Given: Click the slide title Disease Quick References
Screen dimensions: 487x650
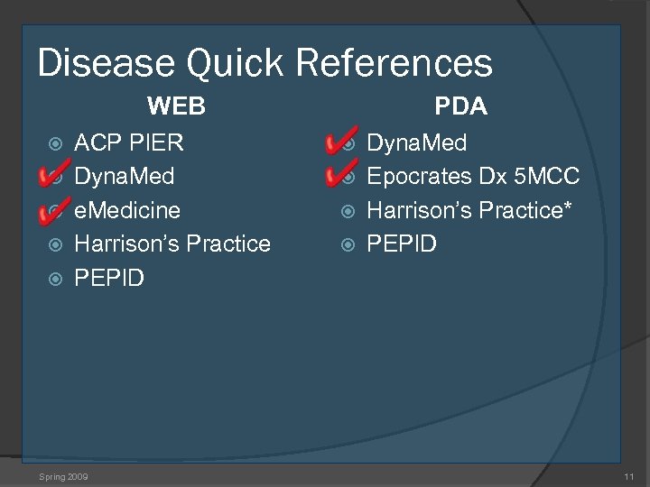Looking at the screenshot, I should click(265, 63).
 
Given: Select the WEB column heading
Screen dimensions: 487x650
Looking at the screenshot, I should click(176, 106).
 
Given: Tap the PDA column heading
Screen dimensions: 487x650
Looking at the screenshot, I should click(460, 106).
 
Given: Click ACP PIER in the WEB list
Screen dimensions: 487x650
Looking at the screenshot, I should click(128, 142).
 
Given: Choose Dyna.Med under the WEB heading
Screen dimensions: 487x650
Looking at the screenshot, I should click(124, 176).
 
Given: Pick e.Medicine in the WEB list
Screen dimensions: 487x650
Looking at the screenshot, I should click(126, 210).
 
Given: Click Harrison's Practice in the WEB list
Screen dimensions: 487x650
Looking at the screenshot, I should click(172, 243).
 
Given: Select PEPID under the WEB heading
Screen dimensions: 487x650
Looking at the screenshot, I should click(108, 278).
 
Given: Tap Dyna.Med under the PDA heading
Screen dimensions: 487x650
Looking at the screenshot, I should click(416, 142).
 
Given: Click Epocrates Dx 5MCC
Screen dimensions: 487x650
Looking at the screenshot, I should click(472, 176).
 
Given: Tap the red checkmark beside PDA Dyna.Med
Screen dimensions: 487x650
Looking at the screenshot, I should click(341, 140).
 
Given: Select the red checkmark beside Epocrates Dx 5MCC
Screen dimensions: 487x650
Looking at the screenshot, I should click(341, 171).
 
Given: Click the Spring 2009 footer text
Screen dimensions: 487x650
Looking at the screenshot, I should click(63, 475).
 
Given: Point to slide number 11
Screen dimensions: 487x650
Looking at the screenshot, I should click(628, 475).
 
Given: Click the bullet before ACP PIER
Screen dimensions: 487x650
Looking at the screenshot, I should click(56, 143).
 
